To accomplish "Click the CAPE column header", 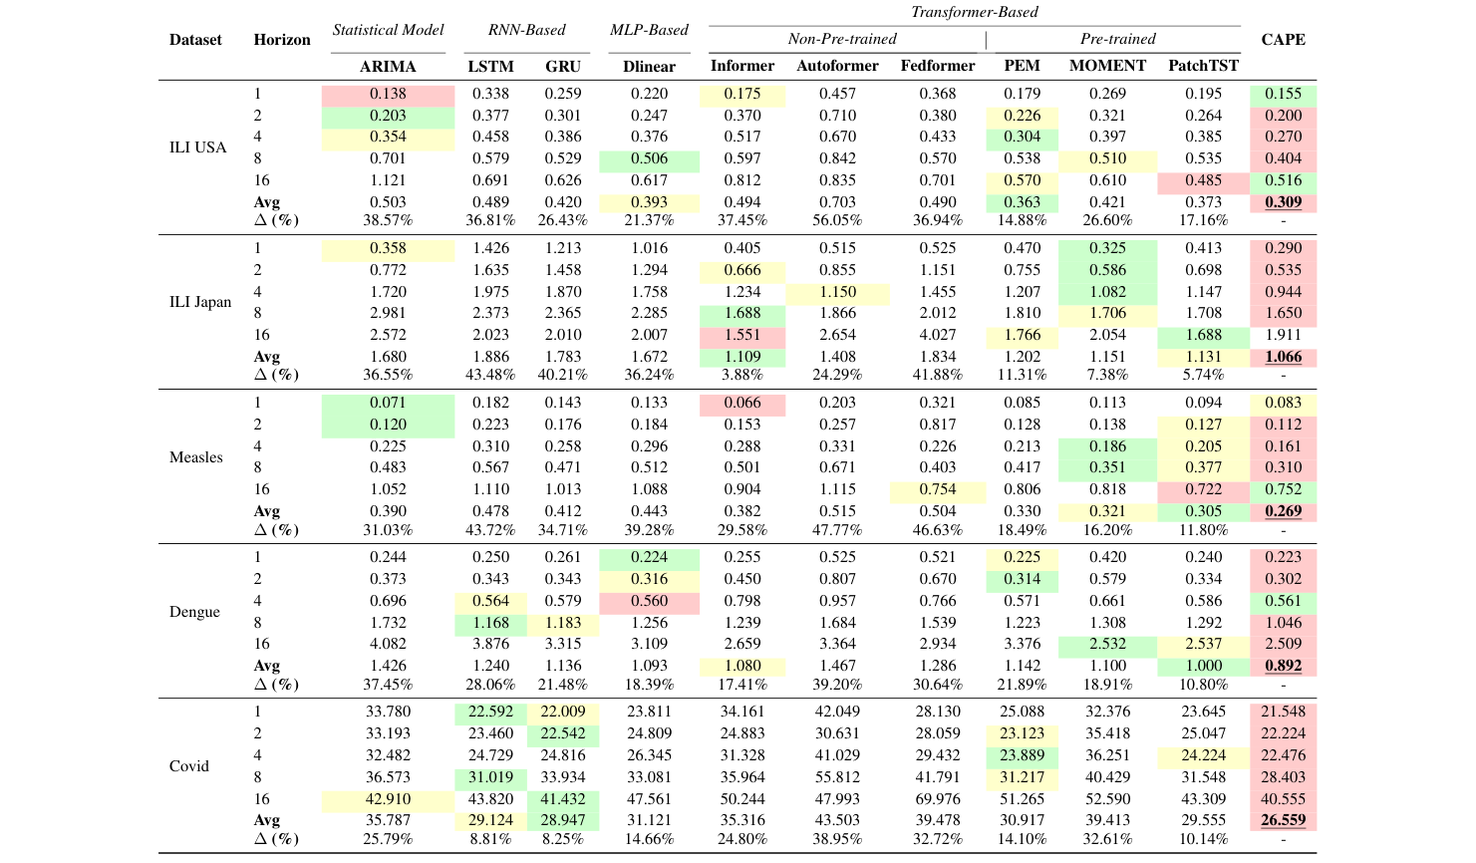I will click(x=1283, y=40).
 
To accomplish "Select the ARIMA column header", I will click(x=388, y=67).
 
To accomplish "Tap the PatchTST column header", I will click(x=1203, y=66).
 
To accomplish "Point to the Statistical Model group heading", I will click(x=388, y=30).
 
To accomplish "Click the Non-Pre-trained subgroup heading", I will click(x=842, y=39).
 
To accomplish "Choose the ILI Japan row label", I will click(x=199, y=302).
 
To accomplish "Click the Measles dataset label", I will click(x=196, y=457).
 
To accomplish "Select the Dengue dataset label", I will click(x=194, y=612).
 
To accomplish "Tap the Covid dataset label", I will click(x=189, y=766).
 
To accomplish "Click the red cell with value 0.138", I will click(x=388, y=94).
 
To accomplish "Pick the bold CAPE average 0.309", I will click(x=1283, y=202).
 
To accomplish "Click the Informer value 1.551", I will click(x=742, y=335).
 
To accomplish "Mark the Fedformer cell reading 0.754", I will click(x=937, y=489).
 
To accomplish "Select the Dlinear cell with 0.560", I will click(x=649, y=601).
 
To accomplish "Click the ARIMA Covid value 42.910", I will click(x=388, y=799).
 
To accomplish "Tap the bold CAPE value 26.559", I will click(x=1283, y=821).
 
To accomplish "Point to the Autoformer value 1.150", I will click(x=837, y=292).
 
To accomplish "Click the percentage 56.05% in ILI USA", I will click(x=837, y=220).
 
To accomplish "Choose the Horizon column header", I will click(x=282, y=40).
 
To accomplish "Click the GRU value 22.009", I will click(x=563, y=712).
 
